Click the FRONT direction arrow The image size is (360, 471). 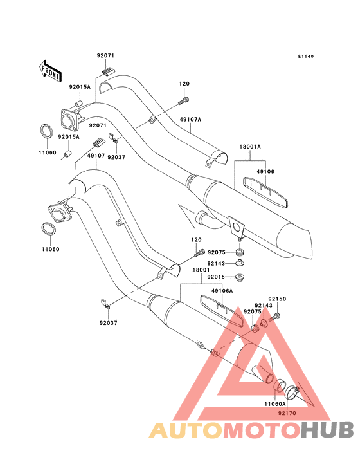coord(50,71)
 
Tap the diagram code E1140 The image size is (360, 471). coord(306,56)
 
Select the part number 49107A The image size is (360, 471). coord(190,120)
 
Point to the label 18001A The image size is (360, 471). coord(250,147)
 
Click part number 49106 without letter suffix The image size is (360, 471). coord(265,172)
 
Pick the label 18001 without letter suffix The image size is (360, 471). coord(201,270)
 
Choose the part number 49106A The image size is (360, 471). coord(222,291)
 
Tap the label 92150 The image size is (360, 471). coord(277,299)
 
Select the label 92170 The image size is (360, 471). coord(287,413)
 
